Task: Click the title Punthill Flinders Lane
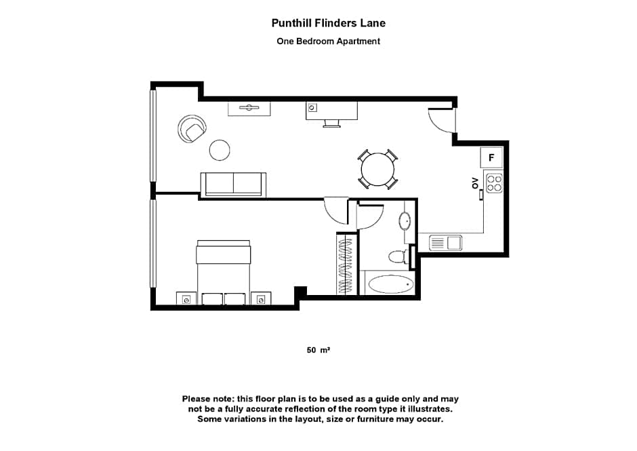pyautogui.click(x=329, y=23)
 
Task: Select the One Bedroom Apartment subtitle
pyautogui.click(x=329, y=41)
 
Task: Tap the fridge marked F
pyautogui.click(x=492, y=157)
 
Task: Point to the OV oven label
pyautogui.click(x=475, y=182)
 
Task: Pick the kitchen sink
pyautogui.click(x=445, y=242)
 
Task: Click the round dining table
pyautogui.click(x=377, y=169)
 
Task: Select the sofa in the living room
pyautogui.click(x=233, y=184)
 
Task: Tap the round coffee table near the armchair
pyautogui.click(x=220, y=150)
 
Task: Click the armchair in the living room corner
pyautogui.click(x=191, y=129)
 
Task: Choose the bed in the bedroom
pyautogui.click(x=223, y=271)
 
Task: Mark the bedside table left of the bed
pyautogui.click(x=186, y=298)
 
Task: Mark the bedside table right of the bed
pyautogui.click(x=260, y=298)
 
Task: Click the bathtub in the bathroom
pyautogui.click(x=390, y=284)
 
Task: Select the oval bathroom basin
pyautogui.click(x=405, y=221)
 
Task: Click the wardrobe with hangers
pyautogui.click(x=346, y=264)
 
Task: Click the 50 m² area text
pyautogui.click(x=318, y=351)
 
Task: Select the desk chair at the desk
pyautogui.click(x=332, y=123)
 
